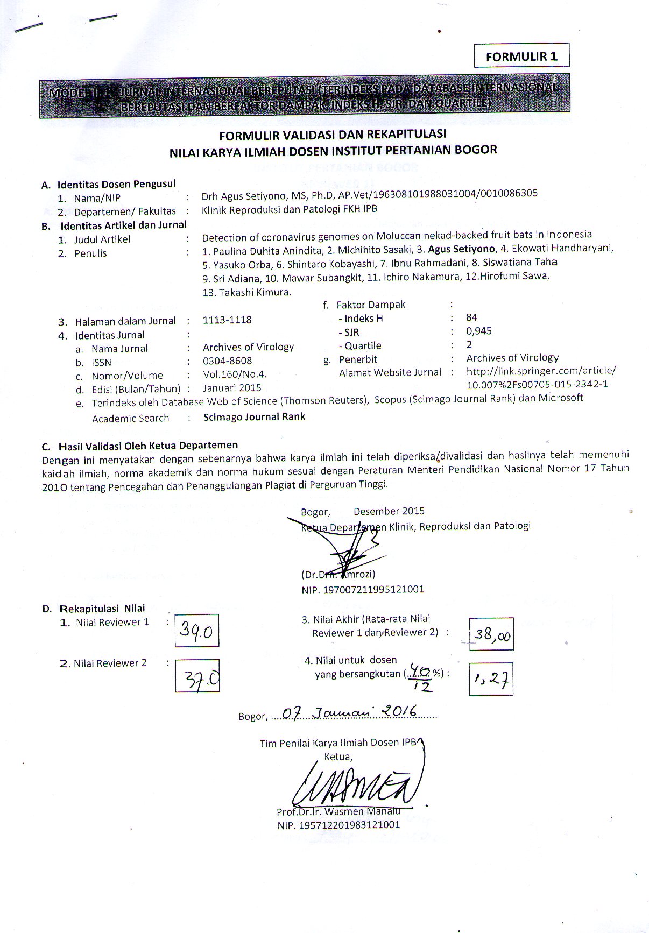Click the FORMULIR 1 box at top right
point(521,56)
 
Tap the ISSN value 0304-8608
point(227,361)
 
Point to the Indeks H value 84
point(472,317)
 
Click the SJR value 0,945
point(479,331)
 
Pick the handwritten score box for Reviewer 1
point(197,630)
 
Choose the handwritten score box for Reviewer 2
point(197,675)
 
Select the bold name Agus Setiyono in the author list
point(461,249)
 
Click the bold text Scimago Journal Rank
point(254,416)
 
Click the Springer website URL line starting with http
point(541,371)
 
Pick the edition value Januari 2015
point(232,387)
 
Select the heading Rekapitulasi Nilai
point(102,609)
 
